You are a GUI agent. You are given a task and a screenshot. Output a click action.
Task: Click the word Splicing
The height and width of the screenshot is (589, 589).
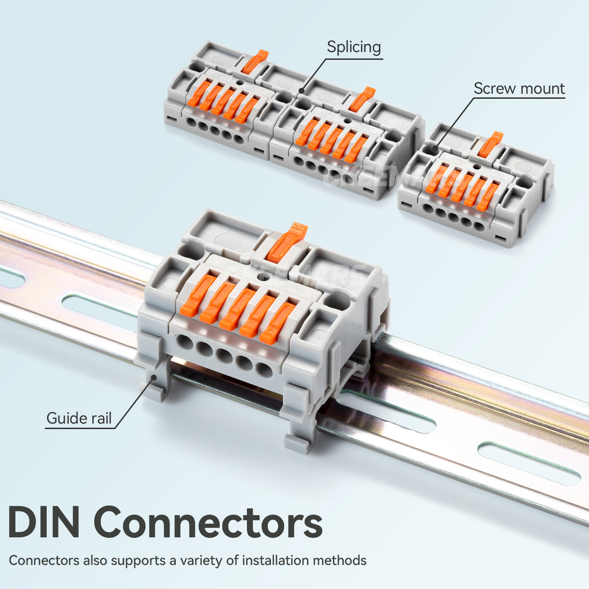(354, 48)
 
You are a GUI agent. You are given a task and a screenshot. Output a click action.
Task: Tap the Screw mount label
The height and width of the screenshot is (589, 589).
(519, 89)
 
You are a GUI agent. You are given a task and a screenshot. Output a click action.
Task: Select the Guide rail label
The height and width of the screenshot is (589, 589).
(79, 419)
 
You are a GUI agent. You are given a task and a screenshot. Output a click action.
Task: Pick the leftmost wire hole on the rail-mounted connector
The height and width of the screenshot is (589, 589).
(185, 342)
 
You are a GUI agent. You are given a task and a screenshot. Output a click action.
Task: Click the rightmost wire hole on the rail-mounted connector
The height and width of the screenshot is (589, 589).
(264, 370)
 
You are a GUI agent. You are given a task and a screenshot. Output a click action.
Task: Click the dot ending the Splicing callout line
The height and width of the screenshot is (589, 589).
(300, 91)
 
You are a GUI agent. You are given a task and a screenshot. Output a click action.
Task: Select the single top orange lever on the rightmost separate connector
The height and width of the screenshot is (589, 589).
(490, 144)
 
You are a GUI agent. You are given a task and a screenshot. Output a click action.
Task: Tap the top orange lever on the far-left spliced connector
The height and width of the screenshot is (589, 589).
(255, 61)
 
